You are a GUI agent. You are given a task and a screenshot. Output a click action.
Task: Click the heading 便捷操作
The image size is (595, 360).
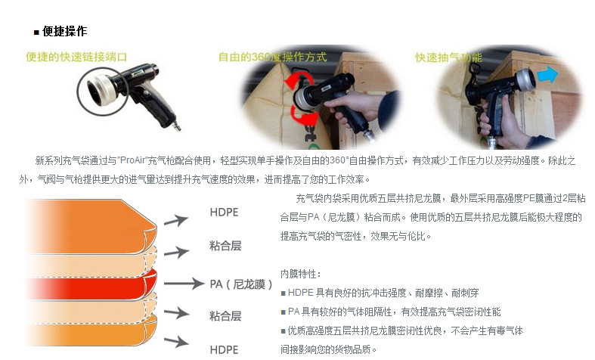pyautogui.click(x=65, y=31)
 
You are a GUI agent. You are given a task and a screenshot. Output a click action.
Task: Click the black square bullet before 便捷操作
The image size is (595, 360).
pyautogui.click(x=36, y=33)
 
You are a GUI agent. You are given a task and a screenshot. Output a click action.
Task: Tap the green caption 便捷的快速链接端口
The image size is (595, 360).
pyautogui.click(x=76, y=57)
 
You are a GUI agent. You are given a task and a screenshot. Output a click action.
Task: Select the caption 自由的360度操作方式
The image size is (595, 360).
pyautogui.click(x=272, y=57)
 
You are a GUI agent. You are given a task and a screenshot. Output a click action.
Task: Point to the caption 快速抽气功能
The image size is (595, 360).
pyautogui.click(x=448, y=57)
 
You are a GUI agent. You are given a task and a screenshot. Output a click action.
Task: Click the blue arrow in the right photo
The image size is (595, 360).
pyautogui.click(x=547, y=74)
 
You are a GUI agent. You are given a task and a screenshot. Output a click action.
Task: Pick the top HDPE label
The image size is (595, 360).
pyautogui.click(x=224, y=213)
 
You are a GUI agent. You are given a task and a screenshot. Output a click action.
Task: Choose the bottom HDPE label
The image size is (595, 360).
pyautogui.click(x=224, y=349)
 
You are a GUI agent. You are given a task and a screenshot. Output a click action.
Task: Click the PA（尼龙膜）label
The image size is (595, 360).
pyautogui.click(x=241, y=284)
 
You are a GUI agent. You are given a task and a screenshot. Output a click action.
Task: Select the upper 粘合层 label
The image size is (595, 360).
pyautogui.click(x=225, y=246)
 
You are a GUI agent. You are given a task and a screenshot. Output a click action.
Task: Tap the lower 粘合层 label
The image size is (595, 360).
pyautogui.click(x=225, y=316)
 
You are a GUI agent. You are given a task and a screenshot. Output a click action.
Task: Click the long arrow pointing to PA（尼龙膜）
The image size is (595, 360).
pyautogui.click(x=184, y=284)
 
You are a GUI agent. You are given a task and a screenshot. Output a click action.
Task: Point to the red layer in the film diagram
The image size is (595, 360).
pyautogui.click(x=91, y=284)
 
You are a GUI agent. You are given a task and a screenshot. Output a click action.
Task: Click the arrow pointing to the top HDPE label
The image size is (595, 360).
pyautogui.click(x=176, y=221)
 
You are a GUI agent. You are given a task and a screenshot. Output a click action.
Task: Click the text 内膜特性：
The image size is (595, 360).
pyautogui.click(x=301, y=274)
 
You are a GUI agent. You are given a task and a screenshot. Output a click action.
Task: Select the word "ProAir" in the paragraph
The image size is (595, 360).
pyautogui.click(x=133, y=160)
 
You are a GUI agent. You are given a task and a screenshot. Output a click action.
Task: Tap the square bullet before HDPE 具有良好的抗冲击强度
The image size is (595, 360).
pyautogui.click(x=283, y=293)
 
